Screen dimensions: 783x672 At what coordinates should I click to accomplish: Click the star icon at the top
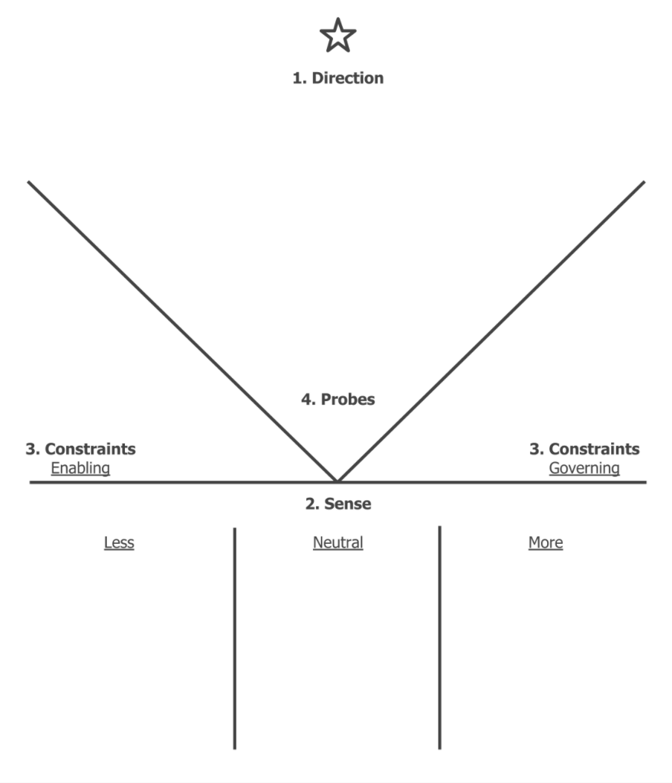tap(338, 36)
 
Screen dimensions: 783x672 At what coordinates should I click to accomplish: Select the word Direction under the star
tap(347, 78)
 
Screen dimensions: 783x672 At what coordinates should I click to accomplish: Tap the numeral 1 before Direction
tap(297, 78)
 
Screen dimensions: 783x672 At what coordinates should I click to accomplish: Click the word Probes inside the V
tap(347, 399)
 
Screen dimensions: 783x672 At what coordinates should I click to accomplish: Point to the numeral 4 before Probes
tap(306, 399)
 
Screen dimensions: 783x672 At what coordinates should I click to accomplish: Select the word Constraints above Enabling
tap(91, 449)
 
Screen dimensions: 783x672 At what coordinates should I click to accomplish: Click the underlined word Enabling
tap(80, 468)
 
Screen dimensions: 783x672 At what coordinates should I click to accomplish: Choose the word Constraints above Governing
tap(594, 449)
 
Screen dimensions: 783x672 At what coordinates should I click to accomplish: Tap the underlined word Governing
tap(584, 468)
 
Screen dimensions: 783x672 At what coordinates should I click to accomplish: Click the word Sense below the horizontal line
tap(347, 504)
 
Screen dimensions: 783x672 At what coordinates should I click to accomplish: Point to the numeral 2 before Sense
tap(310, 504)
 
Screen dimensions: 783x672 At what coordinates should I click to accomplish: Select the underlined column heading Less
tap(119, 542)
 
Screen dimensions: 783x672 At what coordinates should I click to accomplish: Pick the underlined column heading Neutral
tap(338, 542)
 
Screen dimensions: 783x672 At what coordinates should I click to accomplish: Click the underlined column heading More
tap(546, 542)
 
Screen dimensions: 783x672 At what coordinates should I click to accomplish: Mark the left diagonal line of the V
tap(182, 331)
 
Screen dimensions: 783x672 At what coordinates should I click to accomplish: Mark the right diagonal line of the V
tap(491, 331)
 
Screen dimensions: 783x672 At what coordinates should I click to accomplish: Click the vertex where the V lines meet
tap(337, 481)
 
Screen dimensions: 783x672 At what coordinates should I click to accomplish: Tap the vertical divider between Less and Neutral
tap(235, 639)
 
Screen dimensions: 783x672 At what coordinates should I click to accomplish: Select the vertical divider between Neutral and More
tap(439, 639)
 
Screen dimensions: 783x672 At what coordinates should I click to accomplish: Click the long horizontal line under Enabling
tap(149, 482)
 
